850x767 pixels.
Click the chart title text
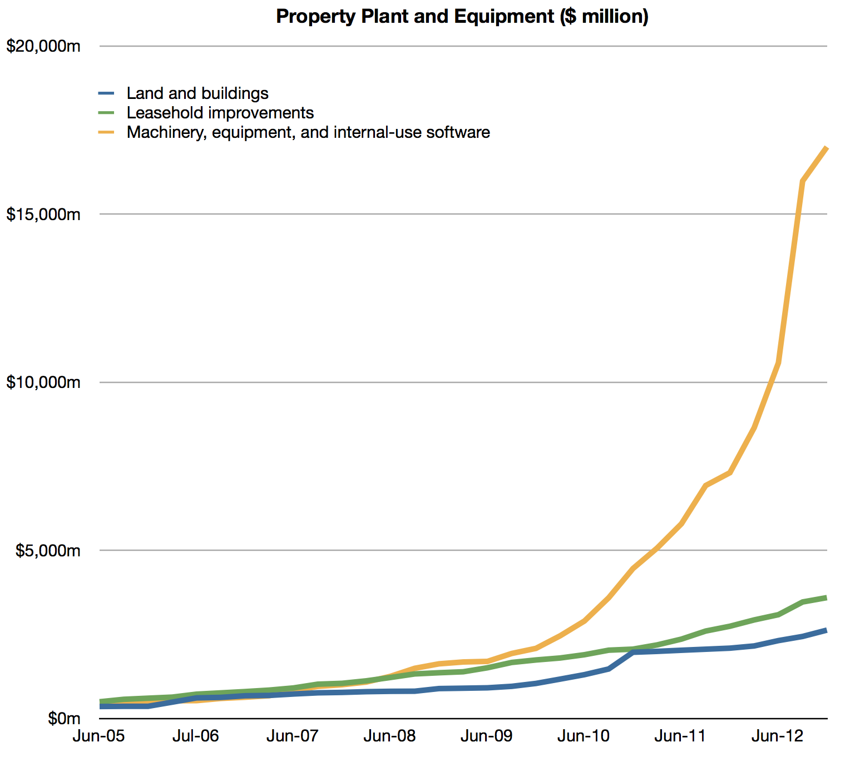[x=462, y=17]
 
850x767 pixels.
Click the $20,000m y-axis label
[x=43, y=46]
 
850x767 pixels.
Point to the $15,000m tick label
[x=43, y=215]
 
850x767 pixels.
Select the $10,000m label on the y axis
[x=43, y=382]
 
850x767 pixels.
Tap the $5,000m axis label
[x=48, y=551]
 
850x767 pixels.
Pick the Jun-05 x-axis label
[x=98, y=736]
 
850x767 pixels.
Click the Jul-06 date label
[x=195, y=736]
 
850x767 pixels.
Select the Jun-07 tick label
[x=293, y=736]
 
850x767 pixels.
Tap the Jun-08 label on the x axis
[x=389, y=736]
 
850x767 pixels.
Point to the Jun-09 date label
[x=487, y=736]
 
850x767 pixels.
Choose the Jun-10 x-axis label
[x=584, y=736]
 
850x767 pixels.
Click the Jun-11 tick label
[x=680, y=736]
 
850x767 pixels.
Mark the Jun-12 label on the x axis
[x=778, y=736]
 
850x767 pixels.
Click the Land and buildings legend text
[x=197, y=93]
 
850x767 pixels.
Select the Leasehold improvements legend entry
[x=220, y=113]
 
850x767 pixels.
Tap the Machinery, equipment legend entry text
[x=308, y=132]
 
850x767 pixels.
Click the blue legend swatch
[x=106, y=93]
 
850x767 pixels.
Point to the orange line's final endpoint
[x=827, y=148]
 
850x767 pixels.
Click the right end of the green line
[x=827, y=597]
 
